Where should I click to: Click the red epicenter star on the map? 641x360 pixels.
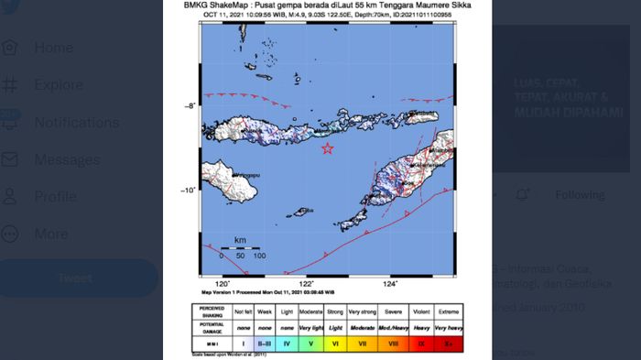tap(328, 149)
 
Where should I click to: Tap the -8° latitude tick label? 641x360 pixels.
tap(190, 107)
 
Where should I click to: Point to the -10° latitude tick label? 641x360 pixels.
tap(188, 191)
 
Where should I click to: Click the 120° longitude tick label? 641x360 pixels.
tap(221, 283)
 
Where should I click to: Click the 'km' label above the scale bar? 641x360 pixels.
tap(240, 240)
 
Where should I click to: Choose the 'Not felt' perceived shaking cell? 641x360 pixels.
tap(243, 311)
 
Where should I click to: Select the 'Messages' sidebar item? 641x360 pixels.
tap(67, 159)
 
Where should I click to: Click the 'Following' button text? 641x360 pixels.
tap(580, 195)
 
